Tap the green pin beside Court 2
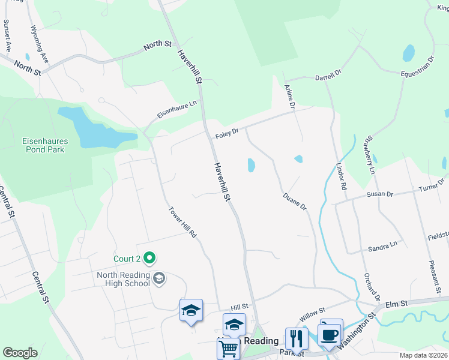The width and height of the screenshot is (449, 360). click(150, 259)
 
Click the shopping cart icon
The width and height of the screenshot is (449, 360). click(228, 348)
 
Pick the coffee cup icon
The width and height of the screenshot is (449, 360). click(330, 335)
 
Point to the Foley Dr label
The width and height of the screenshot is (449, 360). click(227, 134)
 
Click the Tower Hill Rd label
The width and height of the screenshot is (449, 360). click(182, 222)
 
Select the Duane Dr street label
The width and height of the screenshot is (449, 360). click(295, 201)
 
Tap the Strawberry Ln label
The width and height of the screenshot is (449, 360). click(368, 154)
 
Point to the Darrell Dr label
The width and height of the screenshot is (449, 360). click(328, 76)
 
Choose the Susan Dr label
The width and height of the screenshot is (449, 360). click(380, 194)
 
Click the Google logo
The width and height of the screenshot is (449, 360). click(20, 352)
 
